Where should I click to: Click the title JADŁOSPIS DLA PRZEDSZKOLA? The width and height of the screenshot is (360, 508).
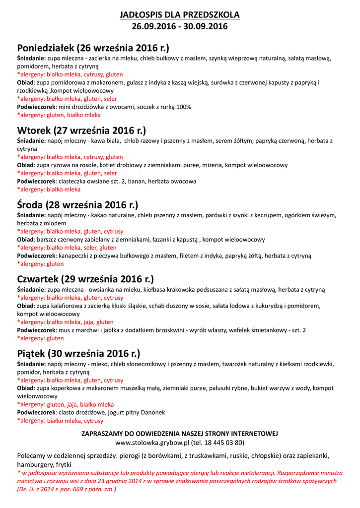tap(180, 15)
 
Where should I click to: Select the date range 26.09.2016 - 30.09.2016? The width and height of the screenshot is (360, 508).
tap(180, 27)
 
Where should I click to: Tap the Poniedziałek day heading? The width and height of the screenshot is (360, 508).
tap(93, 48)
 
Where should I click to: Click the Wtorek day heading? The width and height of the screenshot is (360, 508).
tap(81, 131)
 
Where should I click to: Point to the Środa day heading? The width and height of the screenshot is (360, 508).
tap(77, 205)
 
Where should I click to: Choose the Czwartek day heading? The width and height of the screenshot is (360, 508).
tap(85, 279)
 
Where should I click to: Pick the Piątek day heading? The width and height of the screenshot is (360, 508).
tap(78, 354)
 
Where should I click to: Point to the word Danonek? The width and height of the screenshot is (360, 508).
tap(152, 412)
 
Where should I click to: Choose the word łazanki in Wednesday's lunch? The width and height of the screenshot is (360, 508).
tap(164, 240)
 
